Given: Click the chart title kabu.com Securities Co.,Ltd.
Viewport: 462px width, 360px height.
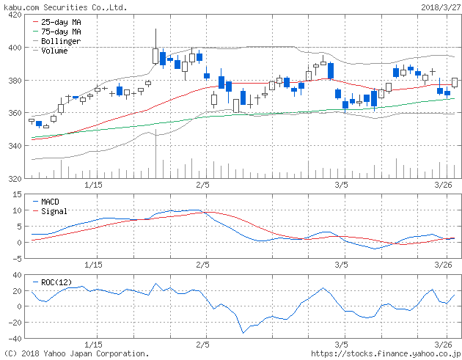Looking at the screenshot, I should click(x=65, y=7).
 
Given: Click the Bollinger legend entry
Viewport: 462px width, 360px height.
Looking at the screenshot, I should click(x=60, y=42).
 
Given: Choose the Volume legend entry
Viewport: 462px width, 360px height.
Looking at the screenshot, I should click(x=54, y=51).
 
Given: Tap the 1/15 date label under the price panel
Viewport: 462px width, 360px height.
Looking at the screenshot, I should click(x=93, y=185).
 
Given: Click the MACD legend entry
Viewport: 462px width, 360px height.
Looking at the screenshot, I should click(x=50, y=201).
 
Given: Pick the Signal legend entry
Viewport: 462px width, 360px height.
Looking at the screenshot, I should click(x=54, y=210).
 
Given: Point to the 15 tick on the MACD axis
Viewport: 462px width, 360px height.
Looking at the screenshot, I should click(x=15, y=194).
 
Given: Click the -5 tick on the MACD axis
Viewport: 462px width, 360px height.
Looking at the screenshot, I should click(x=15, y=259).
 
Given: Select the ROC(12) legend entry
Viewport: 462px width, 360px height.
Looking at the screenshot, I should click(x=58, y=282).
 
